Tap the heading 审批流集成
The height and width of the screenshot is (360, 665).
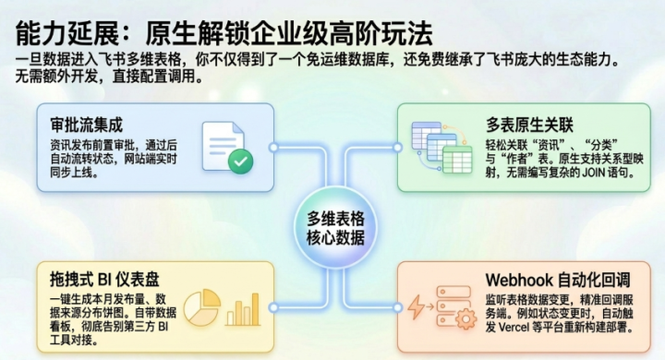pos(87,126)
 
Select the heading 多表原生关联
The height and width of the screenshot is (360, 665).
pos(529,125)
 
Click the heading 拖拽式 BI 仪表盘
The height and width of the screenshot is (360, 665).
pos(104,279)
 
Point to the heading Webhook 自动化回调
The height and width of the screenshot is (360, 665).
pos(558,280)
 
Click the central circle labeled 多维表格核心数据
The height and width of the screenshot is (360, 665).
pos(335,227)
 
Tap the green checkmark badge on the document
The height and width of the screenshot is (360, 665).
pos(240,162)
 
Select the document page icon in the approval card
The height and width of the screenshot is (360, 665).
pos(224,146)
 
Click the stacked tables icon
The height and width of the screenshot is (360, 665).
pos(441,147)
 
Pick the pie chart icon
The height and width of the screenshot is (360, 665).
pos(202,307)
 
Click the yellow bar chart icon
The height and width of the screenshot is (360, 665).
pos(243,309)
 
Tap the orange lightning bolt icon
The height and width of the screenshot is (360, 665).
pos(416,307)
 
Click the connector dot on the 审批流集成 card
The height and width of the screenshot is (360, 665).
pos(273,147)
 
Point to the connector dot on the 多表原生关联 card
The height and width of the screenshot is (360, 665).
pos(397,147)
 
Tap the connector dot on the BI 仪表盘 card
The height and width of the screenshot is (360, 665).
pos(273,307)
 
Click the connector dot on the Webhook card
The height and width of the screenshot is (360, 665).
pos(397,307)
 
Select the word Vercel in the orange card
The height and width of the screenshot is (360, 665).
pos(514,328)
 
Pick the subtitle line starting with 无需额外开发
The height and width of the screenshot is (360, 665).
pos(109,77)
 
